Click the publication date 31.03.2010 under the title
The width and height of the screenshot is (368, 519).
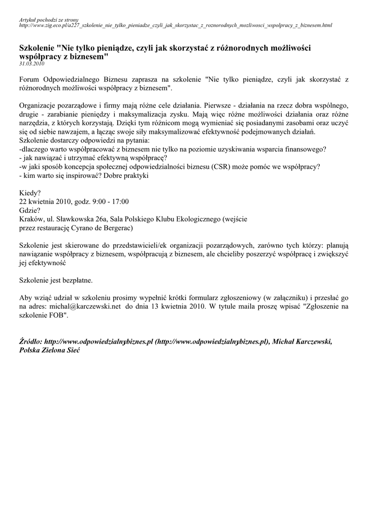pyautogui.click(x=31, y=64)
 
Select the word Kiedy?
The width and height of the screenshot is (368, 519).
pyautogui.click(x=30, y=193)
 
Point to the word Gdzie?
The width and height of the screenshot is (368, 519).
pyautogui.click(x=30, y=210)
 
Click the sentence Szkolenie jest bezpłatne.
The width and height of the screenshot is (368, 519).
pyautogui.click(x=56, y=279)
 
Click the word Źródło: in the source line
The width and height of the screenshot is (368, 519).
pyautogui.click(x=30, y=342)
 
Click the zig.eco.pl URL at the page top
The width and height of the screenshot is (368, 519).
pyautogui.click(x=175, y=25)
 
